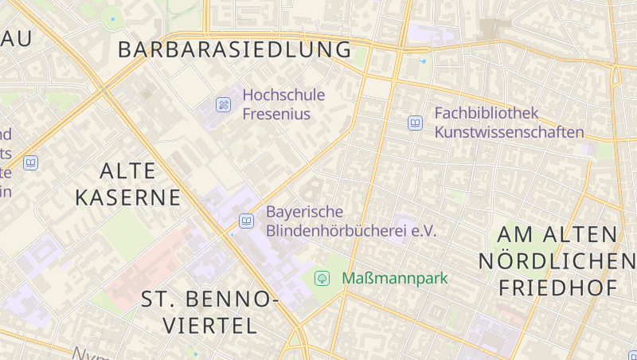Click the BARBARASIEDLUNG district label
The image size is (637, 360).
(x=234, y=49)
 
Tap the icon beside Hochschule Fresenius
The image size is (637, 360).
(x=224, y=104)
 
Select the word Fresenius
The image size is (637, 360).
(x=276, y=114)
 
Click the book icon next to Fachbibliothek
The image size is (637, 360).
(x=415, y=123)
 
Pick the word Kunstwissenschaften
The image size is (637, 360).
(x=509, y=132)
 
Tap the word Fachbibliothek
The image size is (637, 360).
(x=487, y=113)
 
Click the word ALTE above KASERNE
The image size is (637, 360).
(x=130, y=170)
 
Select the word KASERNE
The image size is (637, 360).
(x=129, y=197)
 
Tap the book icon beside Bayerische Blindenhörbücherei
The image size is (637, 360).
(x=247, y=221)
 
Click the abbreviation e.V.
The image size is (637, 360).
(x=424, y=231)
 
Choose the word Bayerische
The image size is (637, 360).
(x=304, y=212)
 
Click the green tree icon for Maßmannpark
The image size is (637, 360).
(x=322, y=278)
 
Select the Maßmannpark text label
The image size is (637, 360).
(x=395, y=278)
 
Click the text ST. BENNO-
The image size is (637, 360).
(x=209, y=299)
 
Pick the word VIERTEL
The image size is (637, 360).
(x=211, y=325)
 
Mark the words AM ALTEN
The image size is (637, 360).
(x=557, y=234)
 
